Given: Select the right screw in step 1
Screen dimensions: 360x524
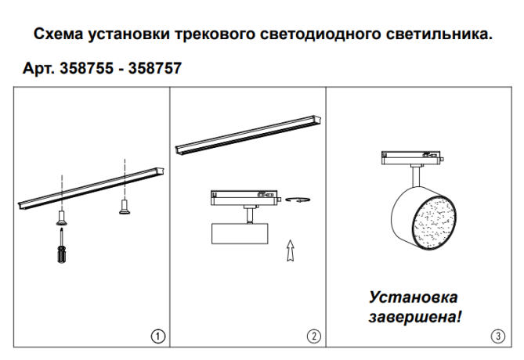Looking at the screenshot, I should (x=124, y=207).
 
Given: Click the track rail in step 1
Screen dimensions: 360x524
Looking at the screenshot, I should (x=90, y=189).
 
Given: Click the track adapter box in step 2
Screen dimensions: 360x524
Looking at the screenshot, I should (x=243, y=196).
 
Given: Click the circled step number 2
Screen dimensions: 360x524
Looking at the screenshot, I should (x=313, y=336).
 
